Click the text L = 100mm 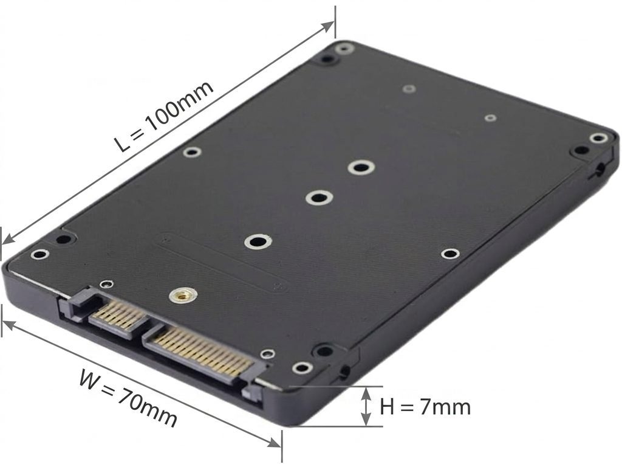coord(164,117)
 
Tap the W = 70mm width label coord(128,398)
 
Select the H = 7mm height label coord(425,407)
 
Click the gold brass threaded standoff coord(183,295)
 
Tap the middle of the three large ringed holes coord(320,198)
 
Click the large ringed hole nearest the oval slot coord(258,241)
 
